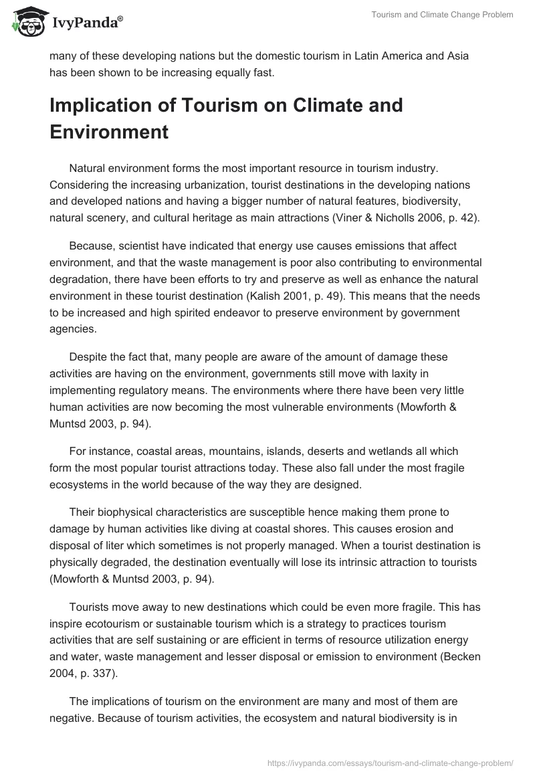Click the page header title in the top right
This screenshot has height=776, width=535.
[443, 15]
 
